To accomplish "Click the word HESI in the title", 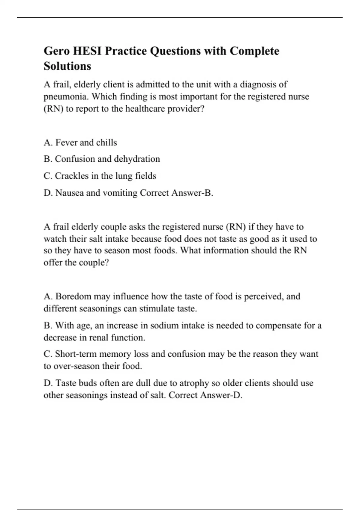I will coord(87,51).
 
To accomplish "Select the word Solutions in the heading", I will coord(67,66).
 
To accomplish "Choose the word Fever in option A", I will coord(66,142).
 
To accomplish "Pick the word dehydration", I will coord(137,159).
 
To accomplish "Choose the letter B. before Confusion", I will coord(48,159).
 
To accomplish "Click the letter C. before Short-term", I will coord(48,354).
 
